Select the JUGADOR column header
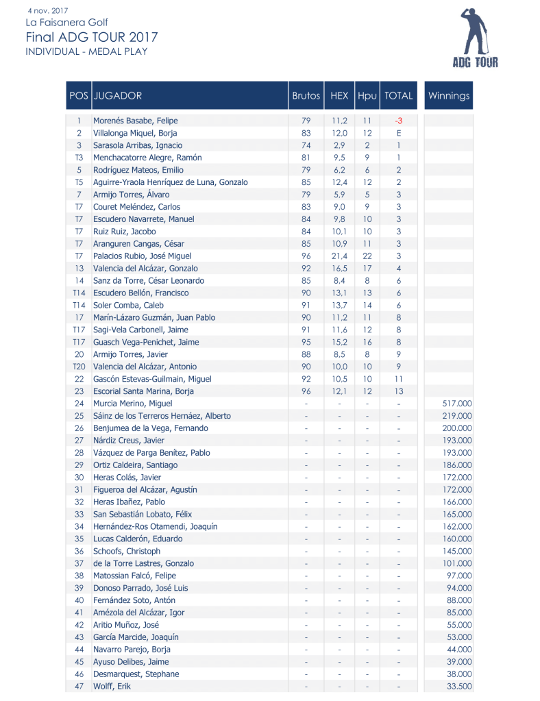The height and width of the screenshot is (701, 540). [x=117, y=96]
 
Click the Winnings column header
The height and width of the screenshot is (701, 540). [x=449, y=96]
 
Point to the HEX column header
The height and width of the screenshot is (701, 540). [x=339, y=96]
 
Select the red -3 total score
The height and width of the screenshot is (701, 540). [x=398, y=121]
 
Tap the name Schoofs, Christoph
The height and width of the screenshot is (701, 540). [x=127, y=552]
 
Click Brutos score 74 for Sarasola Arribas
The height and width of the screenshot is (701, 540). [x=306, y=145]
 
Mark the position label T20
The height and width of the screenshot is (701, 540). [x=79, y=367]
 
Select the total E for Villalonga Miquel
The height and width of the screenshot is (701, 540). [x=398, y=133]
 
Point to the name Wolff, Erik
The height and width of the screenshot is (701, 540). [x=112, y=687]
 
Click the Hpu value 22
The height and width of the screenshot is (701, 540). [x=367, y=256]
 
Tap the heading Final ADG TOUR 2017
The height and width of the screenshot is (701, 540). [x=91, y=37]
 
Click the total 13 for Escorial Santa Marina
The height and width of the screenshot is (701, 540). [x=398, y=391]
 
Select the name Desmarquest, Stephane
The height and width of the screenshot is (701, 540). [x=136, y=674]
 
